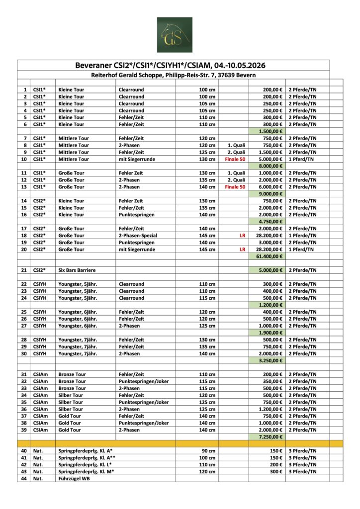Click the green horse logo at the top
[175, 35]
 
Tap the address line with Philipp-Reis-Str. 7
[174, 75]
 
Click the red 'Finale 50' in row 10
[235, 159]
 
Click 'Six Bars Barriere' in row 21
[77, 270]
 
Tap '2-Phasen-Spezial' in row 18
[137, 236]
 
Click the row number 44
[24, 478]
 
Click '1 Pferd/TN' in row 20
[302, 250]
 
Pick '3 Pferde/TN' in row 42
[302, 464]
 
